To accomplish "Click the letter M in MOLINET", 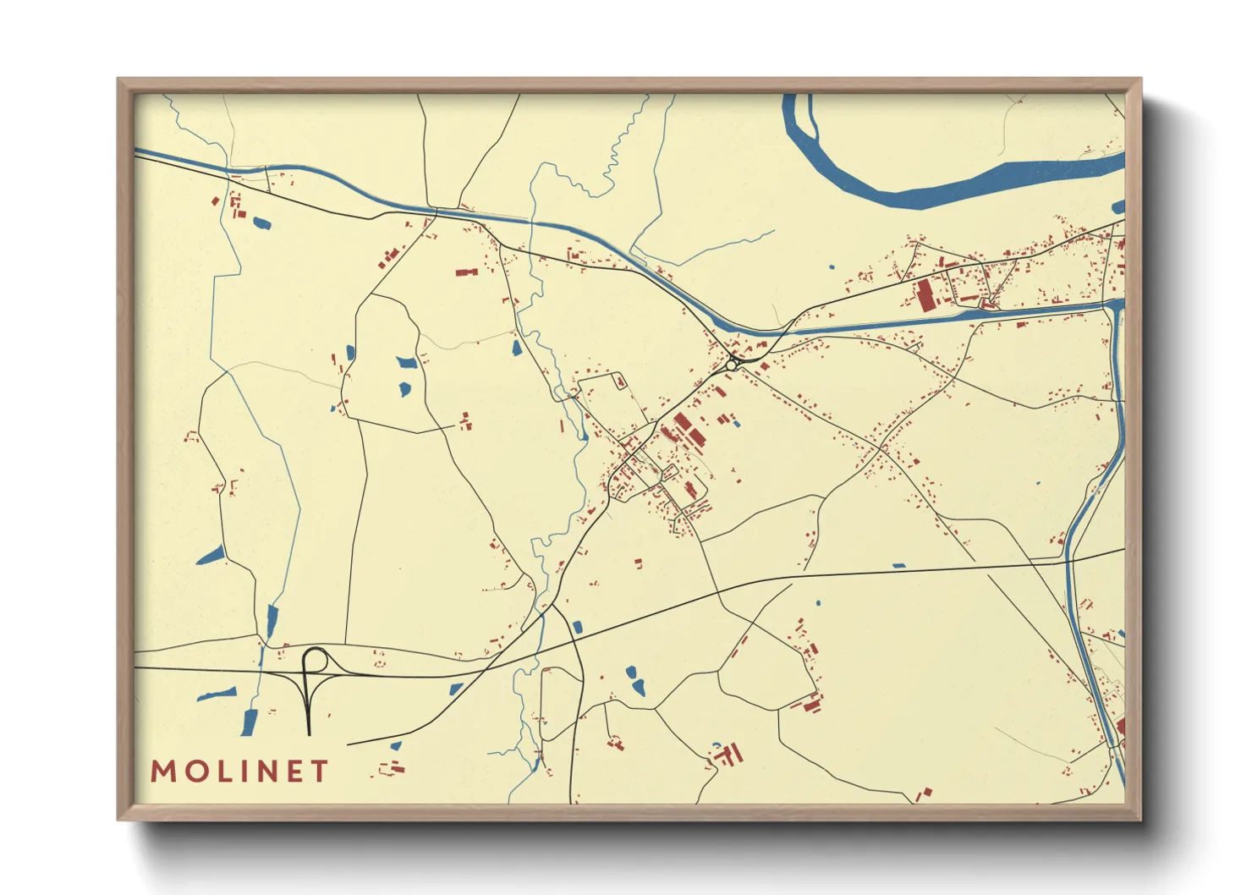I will [163, 771].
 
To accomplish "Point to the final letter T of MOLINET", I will [319, 771].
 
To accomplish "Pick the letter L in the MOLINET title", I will [218, 771].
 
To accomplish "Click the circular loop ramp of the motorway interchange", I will [316, 659].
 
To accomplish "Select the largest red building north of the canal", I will [924, 295].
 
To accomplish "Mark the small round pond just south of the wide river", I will [832, 267].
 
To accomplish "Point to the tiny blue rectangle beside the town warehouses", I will [736, 423].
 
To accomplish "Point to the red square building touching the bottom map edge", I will [923, 794].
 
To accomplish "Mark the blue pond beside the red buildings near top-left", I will [261, 223].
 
